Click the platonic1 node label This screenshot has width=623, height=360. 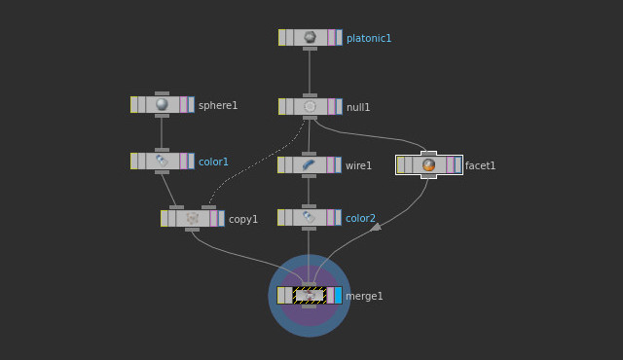click(x=368, y=39)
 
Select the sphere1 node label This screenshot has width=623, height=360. click(x=217, y=105)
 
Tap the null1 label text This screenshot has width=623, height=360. click(x=358, y=107)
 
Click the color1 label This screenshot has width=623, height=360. click(x=213, y=162)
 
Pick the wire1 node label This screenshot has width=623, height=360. click(x=358, y=165)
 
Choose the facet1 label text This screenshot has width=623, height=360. click(x=480, y=165)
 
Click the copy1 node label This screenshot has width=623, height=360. click(x=243, y=219)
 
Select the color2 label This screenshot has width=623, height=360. click(x=360, y=218)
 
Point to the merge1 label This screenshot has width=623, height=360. click(x=364, y=296)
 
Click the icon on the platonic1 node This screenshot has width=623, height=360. click(x=310, y=37)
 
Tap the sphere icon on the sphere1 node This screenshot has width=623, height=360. click(x=162, y=104)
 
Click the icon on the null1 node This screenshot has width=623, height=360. click(x=310, y=106)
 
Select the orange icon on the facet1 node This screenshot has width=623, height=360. click(x=428, y=165)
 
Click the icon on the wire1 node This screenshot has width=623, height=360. click(x=309, y=165)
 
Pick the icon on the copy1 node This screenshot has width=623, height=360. click(x=192, y=218)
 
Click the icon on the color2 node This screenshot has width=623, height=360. click(x=309, y=217)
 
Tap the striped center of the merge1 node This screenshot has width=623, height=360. click(x=309, y=295)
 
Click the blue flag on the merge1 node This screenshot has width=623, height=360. click(x=338, y=295)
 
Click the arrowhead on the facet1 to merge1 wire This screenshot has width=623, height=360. click(x=376, y=227)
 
